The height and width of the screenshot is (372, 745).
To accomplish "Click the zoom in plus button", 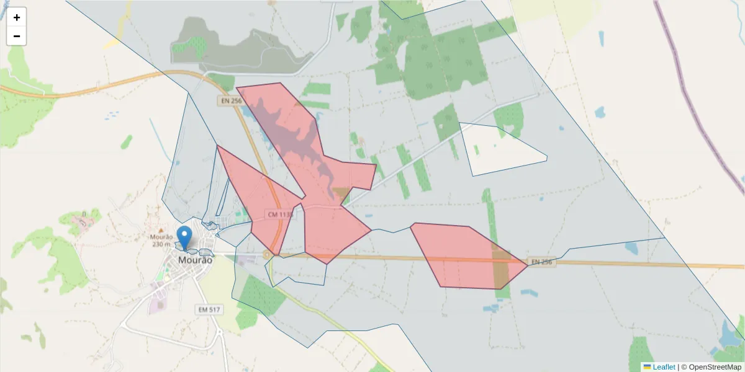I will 17,17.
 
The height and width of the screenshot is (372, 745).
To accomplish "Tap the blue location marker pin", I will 184,238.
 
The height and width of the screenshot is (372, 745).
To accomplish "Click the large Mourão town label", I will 195,260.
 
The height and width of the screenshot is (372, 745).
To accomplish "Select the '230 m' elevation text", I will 161,244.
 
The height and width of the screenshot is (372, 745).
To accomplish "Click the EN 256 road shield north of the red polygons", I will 230,100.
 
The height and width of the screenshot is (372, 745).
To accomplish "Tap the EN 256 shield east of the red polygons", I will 541,262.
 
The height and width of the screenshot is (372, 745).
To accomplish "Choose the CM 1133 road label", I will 280,215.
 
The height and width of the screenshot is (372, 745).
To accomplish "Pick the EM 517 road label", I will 209,309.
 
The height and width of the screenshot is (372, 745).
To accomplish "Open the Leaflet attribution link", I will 664,367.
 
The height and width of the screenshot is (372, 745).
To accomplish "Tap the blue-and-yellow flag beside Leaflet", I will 647,367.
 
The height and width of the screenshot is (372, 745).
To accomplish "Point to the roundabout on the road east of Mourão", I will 267,254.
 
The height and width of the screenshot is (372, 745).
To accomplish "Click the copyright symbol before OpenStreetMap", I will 684,367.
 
